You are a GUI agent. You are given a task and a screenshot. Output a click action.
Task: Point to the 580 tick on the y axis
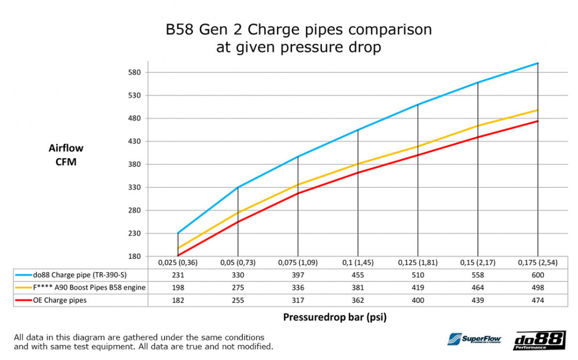(134, 72)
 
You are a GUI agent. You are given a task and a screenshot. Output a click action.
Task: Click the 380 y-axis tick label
(134, 164)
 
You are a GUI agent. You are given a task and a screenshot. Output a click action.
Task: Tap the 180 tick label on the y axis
(134, 257)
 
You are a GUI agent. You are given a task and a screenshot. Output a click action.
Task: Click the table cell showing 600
(538, 275)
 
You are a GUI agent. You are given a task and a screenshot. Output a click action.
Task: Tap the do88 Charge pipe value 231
(178, 275)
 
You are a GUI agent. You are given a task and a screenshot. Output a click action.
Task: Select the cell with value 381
(358, 288)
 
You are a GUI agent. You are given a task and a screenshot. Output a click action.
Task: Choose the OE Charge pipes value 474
(538, 300)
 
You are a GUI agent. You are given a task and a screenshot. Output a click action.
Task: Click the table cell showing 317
(298, 300)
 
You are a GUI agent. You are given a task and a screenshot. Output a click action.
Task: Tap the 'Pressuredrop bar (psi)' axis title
(335, 317)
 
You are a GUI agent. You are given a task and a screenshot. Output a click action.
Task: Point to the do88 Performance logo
(540, 340)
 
